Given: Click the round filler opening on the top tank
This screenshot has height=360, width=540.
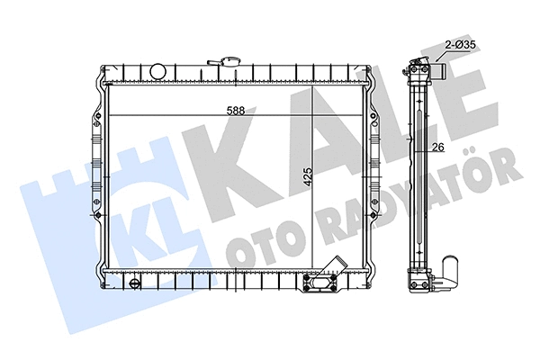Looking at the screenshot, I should click(157, 69).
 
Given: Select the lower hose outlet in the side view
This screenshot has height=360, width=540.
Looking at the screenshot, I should click(451, 267).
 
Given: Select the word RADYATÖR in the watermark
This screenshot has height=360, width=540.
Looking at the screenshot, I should click(396, 202).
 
